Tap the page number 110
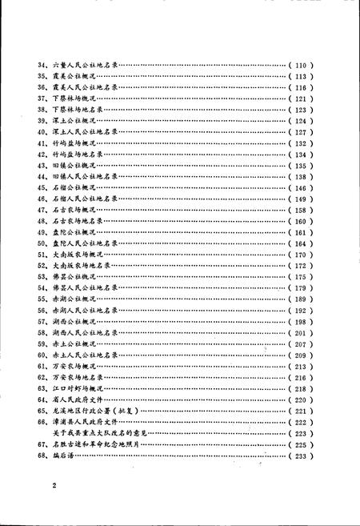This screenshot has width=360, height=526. point(305,62)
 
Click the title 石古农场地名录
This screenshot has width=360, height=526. point(78,221)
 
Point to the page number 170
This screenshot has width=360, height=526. point(305,255)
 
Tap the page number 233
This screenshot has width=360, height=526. point(305,454)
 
